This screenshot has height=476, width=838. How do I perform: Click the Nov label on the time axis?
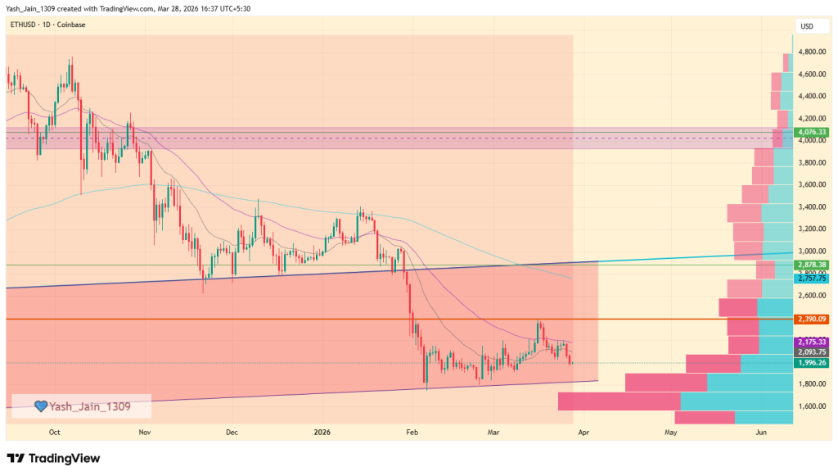click(x=145, y=431)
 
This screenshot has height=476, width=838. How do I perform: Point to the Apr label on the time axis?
click(x=582, y=431)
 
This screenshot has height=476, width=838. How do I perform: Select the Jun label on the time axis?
click(x=762, y=431)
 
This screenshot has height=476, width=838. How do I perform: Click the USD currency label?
click(x=807, y=26)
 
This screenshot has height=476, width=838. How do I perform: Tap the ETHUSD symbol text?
click(x=23, y=25)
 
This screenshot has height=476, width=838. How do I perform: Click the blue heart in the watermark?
click(x=41, y=406)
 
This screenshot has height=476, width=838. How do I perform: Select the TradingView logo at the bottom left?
click(x=53, y=458)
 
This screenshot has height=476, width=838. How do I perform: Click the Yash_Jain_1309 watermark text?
click(x=89, y=406)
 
